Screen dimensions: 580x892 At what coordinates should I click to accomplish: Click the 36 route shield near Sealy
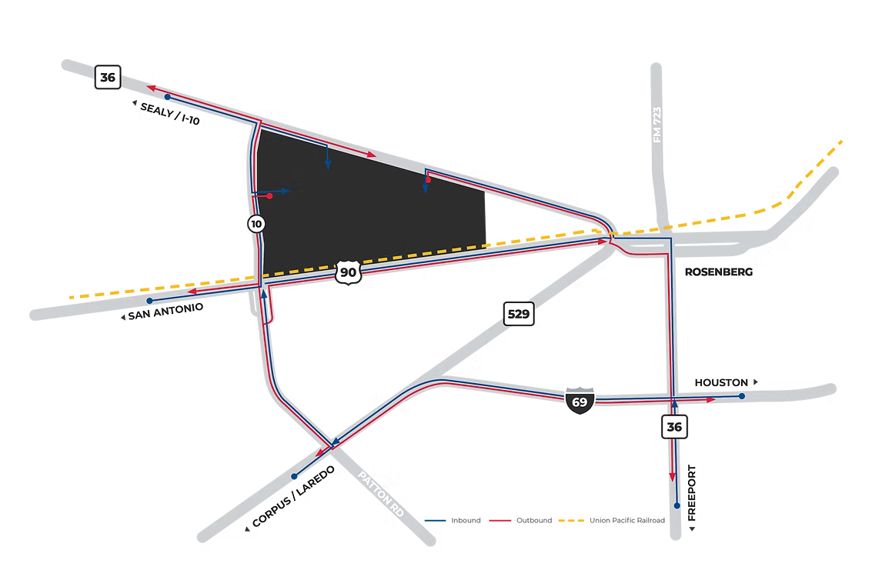pyautogui.click(x=108, y=77)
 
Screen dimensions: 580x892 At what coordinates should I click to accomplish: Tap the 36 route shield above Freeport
pyautogui.click(x=674, y=426)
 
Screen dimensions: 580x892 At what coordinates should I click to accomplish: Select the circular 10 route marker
pyautogui.click(x=256, y=224)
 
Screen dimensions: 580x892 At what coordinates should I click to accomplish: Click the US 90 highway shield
pyautogui.click(x=348, y=272)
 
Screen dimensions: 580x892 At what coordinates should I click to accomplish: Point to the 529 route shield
pyautogui.click(x=519, y=314)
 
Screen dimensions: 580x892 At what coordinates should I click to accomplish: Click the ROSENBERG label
pyautogui.click(x=719, y=272)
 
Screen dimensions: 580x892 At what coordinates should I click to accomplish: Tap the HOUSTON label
pyautogui.click(x=721, y=382)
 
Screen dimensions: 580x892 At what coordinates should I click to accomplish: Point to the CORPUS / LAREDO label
pyautogui.click(x=293, y=496)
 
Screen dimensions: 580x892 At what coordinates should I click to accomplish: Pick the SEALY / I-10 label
pyautogui.click(x=170, y=114)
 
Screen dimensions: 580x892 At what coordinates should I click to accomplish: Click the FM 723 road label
pyautogui.click(x=656, y=125)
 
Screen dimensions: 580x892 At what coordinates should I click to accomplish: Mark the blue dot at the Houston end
pyautogui.click(x=741, y=396)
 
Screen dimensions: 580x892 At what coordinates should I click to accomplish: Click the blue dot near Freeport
pyautogui.click(x=677, y=506)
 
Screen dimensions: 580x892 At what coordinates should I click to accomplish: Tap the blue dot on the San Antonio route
pyautogui.click(x=149, y=300)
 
